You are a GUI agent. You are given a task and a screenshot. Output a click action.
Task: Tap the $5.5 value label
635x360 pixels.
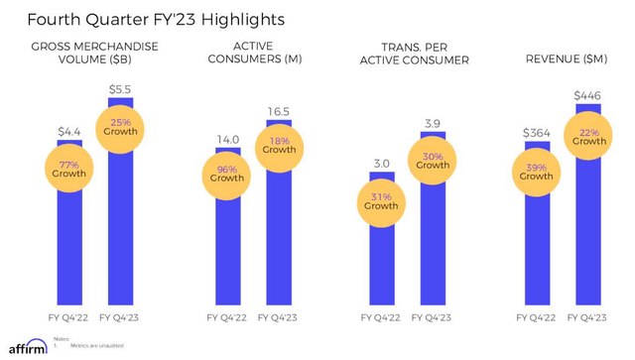[x=121, y=89]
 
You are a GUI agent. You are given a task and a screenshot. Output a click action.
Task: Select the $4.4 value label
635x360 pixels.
[x=69, y=131]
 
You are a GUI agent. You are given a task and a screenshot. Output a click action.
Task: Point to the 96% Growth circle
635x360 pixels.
[x=226, y=173]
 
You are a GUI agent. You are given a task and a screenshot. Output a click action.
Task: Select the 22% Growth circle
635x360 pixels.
[x=590, y=135]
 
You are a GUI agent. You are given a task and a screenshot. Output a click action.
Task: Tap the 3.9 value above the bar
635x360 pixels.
[x=434, y=122]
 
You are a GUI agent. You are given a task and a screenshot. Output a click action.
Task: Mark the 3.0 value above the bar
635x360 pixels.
[x=382, y=163]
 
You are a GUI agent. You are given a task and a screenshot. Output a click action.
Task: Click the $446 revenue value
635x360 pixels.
[x=590, y=95]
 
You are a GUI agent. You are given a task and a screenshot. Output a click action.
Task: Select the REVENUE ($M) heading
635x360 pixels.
[x=564, y=60]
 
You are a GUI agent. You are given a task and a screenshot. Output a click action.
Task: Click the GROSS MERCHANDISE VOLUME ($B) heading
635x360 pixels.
[x=93, y=54]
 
